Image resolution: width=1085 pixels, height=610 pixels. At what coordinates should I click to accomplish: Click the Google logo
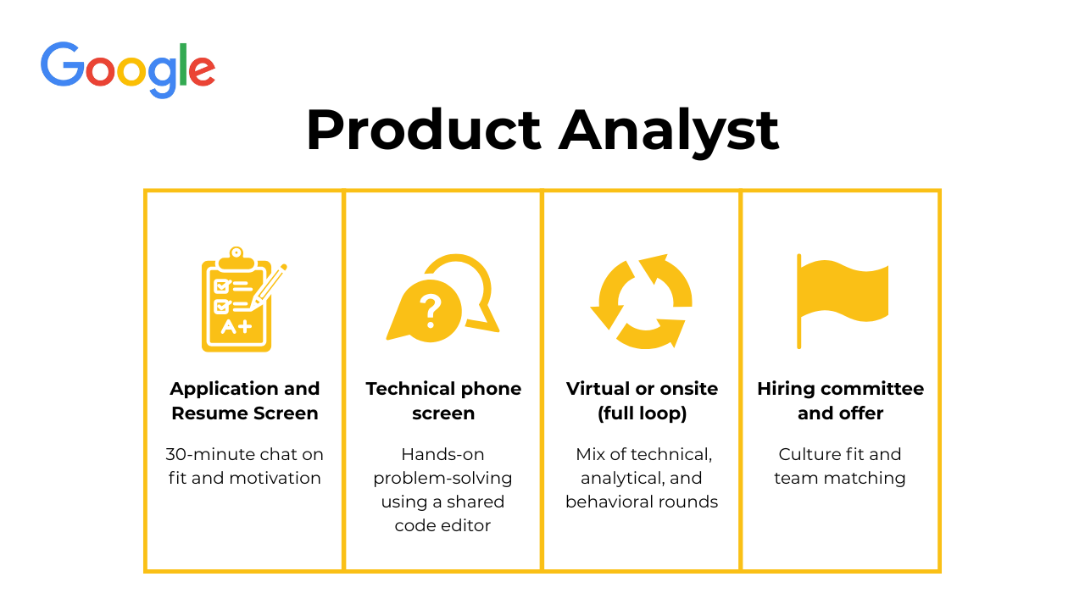click(128, 70)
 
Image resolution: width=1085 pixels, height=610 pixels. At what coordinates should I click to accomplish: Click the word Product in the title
click(423, 130)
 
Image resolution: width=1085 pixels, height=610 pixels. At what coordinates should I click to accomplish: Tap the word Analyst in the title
click(669, 133)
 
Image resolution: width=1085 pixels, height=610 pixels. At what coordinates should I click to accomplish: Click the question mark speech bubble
click(425, 311)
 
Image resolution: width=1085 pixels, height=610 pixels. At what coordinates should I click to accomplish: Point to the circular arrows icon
click(642, 301)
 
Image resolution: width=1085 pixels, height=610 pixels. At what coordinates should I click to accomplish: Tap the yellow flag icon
click(843, 301)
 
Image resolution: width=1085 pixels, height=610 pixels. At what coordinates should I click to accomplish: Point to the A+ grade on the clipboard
click(236, 327)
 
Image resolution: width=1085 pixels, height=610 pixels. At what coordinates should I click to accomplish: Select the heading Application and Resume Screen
click(245, 401)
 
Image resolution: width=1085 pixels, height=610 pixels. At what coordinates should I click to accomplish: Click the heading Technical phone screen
click(443, 401)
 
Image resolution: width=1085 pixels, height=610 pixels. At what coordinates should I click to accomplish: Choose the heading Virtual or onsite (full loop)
click(642, 401)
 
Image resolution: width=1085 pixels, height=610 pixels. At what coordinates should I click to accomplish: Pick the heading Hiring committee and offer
click(840, 401)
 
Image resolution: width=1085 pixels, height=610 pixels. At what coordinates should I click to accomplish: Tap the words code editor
click(442, 525)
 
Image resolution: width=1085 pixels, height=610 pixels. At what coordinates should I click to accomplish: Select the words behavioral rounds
click(642, 502)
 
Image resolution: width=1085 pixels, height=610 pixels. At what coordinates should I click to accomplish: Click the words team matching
click(840, 479)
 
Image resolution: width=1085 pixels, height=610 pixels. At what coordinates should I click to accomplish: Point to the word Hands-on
click(442, 454)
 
